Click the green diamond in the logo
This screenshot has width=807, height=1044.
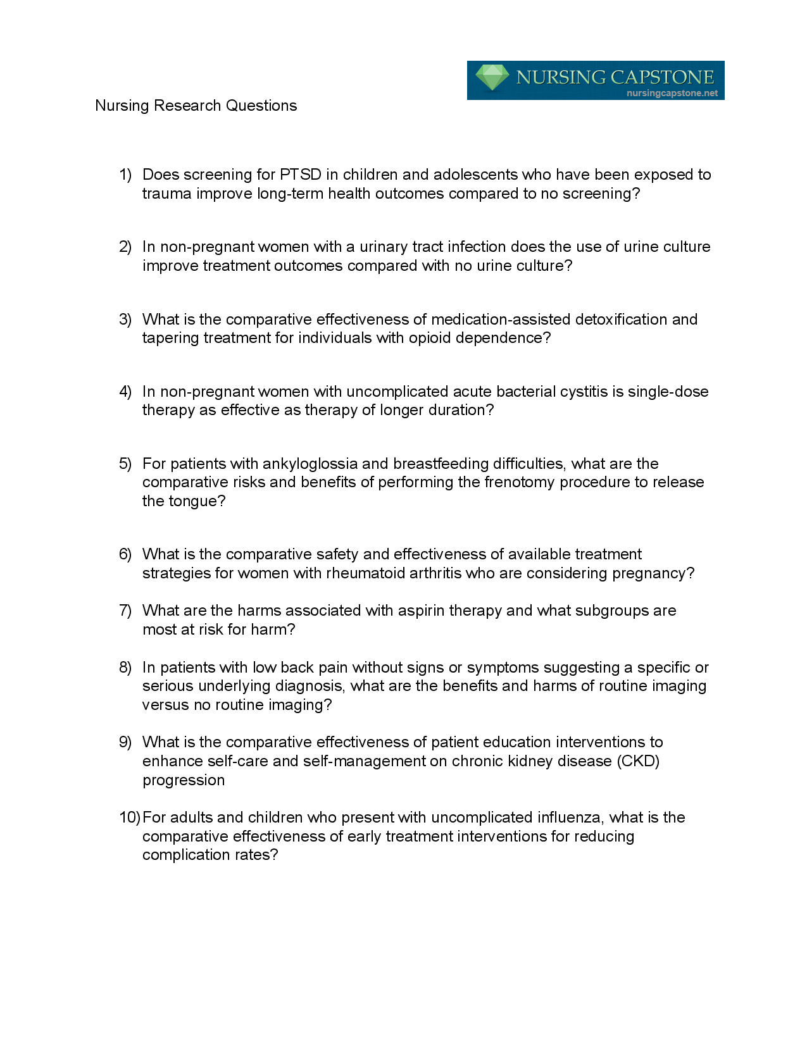click(x=492, y=78)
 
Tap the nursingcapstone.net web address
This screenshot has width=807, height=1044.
click(x=672, y=93)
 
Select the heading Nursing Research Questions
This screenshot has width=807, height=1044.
click(x=196, y=106)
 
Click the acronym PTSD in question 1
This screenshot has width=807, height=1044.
click(x=301, y=175)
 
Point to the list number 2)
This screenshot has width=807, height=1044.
click(x=125, y=247)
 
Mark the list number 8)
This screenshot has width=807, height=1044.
click(x=125, y=668)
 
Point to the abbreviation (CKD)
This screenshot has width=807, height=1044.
click(x=637, y=761)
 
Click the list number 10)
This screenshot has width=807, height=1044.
click(x=129, y=817)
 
